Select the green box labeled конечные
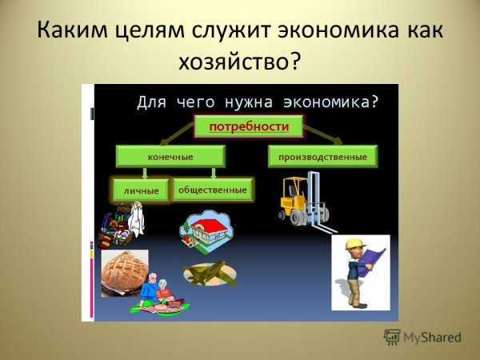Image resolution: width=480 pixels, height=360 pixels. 170,157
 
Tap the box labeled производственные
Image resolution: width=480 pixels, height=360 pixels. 322,157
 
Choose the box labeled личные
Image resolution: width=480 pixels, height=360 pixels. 141,190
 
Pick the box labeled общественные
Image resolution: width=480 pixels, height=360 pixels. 212,190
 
